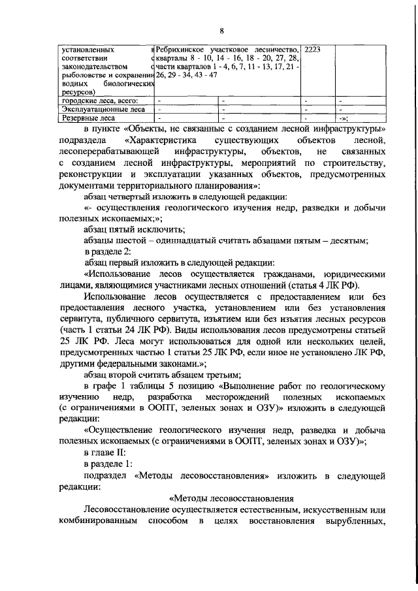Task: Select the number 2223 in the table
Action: click(314, 49)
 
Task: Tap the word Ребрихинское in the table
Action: click(183, 49)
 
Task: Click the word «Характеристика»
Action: click(161, 140)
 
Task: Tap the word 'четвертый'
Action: click(135, 196)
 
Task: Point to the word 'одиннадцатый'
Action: click(185, 240)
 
